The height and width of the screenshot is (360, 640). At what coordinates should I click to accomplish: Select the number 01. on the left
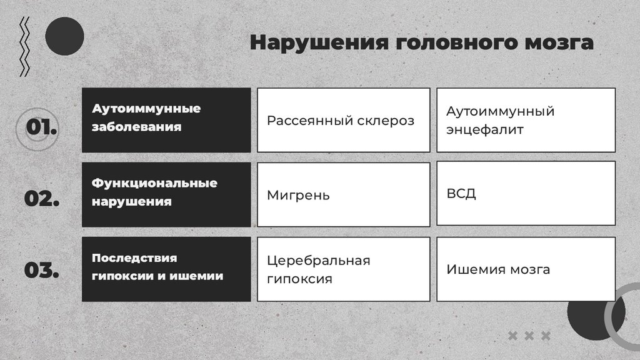click(42, 127)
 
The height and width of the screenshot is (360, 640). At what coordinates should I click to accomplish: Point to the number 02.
click(42, 199)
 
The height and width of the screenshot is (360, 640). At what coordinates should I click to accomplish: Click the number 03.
click(42, 271)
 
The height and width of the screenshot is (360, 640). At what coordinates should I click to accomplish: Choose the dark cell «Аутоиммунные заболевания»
click(166, 119)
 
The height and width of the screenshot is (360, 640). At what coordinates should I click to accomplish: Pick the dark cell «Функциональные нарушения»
click(166, 193)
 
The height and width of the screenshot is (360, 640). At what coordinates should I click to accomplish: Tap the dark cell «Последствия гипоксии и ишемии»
click(166, 267)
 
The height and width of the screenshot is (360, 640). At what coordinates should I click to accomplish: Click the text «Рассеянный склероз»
click(340, 121)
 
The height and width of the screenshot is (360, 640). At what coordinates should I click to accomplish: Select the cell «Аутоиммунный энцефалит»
click(525, 121)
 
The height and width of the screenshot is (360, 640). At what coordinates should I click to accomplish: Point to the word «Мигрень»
click(298, 195)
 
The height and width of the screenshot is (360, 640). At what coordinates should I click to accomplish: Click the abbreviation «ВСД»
click(461, 193)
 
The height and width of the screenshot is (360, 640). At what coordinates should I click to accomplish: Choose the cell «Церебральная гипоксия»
click(343, 269)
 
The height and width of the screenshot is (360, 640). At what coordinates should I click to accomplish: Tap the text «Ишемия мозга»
click(498, 269)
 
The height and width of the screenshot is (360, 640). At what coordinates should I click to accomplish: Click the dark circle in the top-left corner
click(64, 36)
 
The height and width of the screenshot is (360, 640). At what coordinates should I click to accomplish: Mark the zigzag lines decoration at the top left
click(25, 47)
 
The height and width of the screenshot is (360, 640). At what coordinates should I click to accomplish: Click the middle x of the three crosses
click(529, 336)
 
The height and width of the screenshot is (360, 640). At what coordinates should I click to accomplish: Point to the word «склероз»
click(386, 121)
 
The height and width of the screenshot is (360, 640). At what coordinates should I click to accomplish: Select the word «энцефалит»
click(485, 130)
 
